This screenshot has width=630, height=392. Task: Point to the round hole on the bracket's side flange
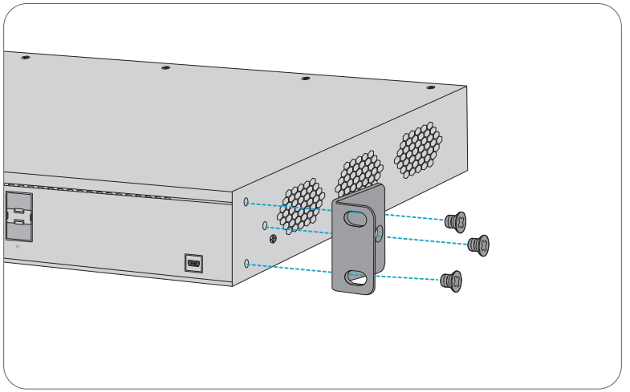click(379, 233)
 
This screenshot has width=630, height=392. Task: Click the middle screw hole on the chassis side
click(265, 226)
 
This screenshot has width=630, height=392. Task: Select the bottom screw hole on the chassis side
click(246, 262)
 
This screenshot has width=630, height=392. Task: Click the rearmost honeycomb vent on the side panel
click(418, 150)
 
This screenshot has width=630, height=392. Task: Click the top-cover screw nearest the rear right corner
click(431, 87)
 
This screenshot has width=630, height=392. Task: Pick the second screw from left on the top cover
click(165, 68)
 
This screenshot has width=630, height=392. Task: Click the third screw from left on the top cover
click(305, 79)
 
